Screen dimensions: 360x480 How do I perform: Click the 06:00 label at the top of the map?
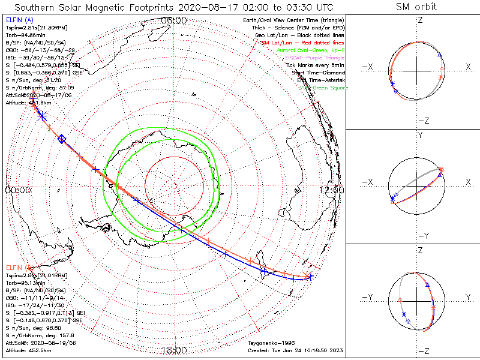[x=174, y=20]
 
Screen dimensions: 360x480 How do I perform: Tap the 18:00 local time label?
[x=174, y=350]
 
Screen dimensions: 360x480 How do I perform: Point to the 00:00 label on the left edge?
[x=17, y=190]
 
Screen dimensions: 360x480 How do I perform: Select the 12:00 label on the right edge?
[x=331, y=190]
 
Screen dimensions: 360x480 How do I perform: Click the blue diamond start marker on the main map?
[x=61, y=139]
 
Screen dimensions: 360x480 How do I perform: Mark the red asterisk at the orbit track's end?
[x=308, y=276]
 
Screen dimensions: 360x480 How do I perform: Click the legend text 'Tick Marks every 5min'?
[x=314, y=65]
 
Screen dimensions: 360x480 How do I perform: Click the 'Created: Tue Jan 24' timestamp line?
[x=296, y=350]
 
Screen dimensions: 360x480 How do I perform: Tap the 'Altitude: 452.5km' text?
[x=29, y=349]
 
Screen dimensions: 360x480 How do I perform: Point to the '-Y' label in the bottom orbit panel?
[x=367, y=297]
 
